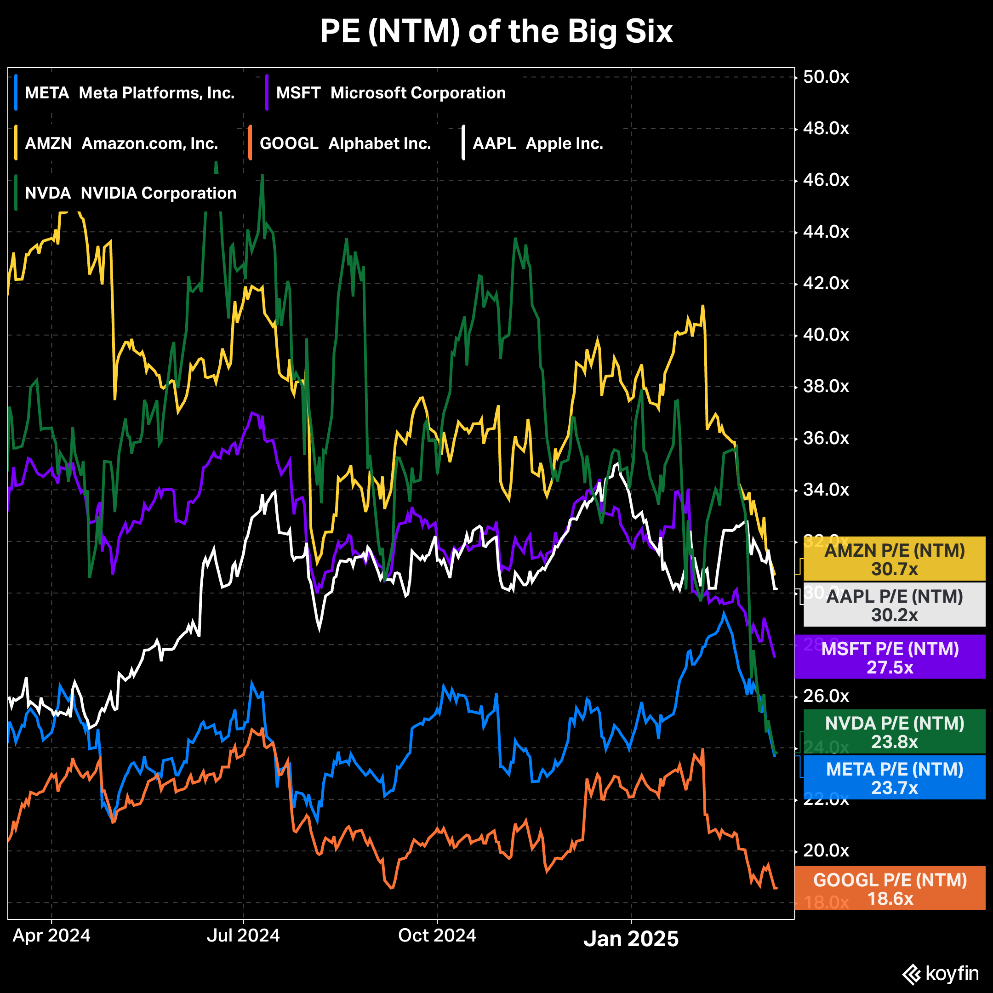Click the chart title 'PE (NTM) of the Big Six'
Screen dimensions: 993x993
pyautogui.click(x=496, y=32)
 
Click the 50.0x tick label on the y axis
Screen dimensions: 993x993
pyautogui.click(x=826, y=77)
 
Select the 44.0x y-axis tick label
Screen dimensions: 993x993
pyautogui.click(x=826, y=232)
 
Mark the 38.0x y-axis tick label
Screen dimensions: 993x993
pyautogui.click(x=826, y=387)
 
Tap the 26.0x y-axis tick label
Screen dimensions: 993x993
pyautogui.click(x=826, y=696)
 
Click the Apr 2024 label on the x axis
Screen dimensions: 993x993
pyautogui.click(x=51, y=936)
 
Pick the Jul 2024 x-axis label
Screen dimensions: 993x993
pyautogui.click(x=243, y=936)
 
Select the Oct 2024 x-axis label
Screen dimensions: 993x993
pyautogui.click(x=437, y=936)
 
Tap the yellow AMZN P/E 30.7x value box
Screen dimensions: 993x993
pyautogui.click(x=894, y=559)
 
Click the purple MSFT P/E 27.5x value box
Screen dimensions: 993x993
pyautogui.click(x=890, y=657)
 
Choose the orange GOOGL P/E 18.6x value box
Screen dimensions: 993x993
pyautogui.click(x=890, y=889)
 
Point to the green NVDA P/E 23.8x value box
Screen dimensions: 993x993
pyautogui.click(x=894, y=732)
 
